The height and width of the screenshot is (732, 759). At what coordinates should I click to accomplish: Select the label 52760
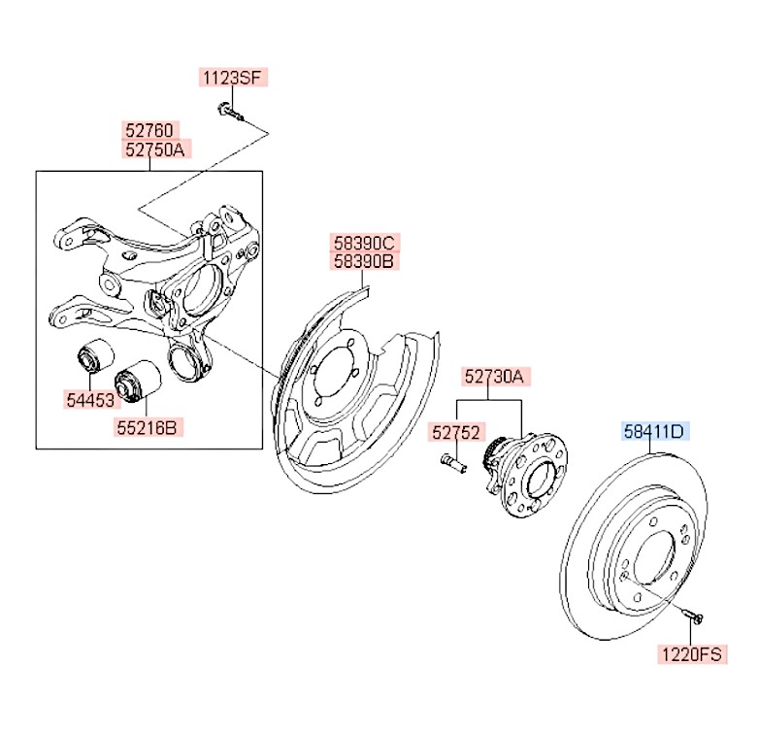click(x=148, y=129)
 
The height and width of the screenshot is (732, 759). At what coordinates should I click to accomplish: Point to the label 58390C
click(x=364, y=242)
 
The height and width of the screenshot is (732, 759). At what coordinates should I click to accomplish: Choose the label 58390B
click(x=364, y=260)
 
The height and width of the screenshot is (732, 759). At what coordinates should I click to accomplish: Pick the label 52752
click(x=455, y=433)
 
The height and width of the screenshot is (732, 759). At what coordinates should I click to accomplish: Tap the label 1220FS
click(x=694, y=654)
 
